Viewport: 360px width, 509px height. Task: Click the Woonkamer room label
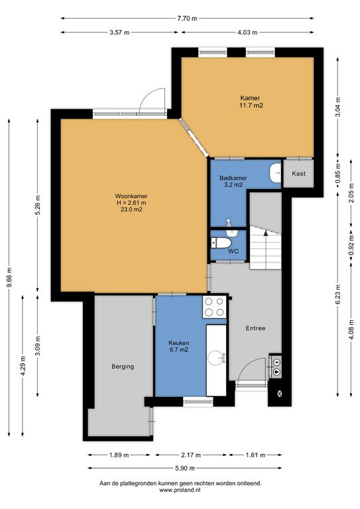[131, 196]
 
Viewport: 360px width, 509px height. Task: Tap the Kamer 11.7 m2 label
[251, 101]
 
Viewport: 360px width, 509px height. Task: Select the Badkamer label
[233, 178]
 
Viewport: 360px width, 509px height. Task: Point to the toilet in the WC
[221, 243]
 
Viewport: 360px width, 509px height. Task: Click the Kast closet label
[298, 174]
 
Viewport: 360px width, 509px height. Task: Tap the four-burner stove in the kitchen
[214, 307]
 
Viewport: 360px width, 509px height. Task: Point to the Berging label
[123, 367]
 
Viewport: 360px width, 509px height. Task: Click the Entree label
[255, 328]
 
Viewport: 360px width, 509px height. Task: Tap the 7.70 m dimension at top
[187, 18]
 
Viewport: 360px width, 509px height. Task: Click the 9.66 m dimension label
[9, 277]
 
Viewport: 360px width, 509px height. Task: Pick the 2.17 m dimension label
[191, 455]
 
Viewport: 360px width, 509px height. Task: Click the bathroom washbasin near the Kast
[274, 172]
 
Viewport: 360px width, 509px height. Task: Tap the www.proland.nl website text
[180, 490]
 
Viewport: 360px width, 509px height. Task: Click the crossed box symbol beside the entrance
[280, 394]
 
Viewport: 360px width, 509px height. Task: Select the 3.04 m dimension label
[338, 107]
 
